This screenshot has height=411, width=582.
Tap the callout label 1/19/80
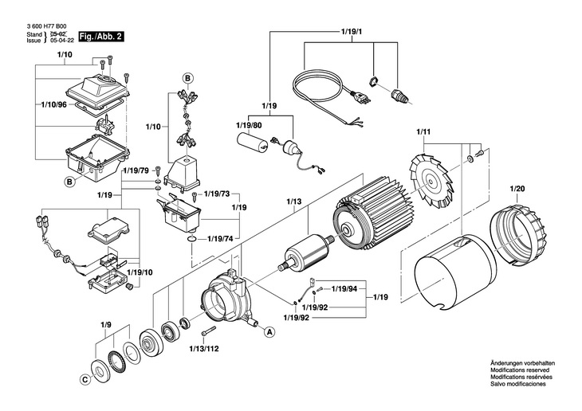(x=249, y=125)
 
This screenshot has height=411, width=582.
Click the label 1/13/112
(x=203, y=348)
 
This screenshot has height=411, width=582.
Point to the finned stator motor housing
(x=368, y=227)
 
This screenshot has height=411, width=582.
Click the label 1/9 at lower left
(x=105, y=324)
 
